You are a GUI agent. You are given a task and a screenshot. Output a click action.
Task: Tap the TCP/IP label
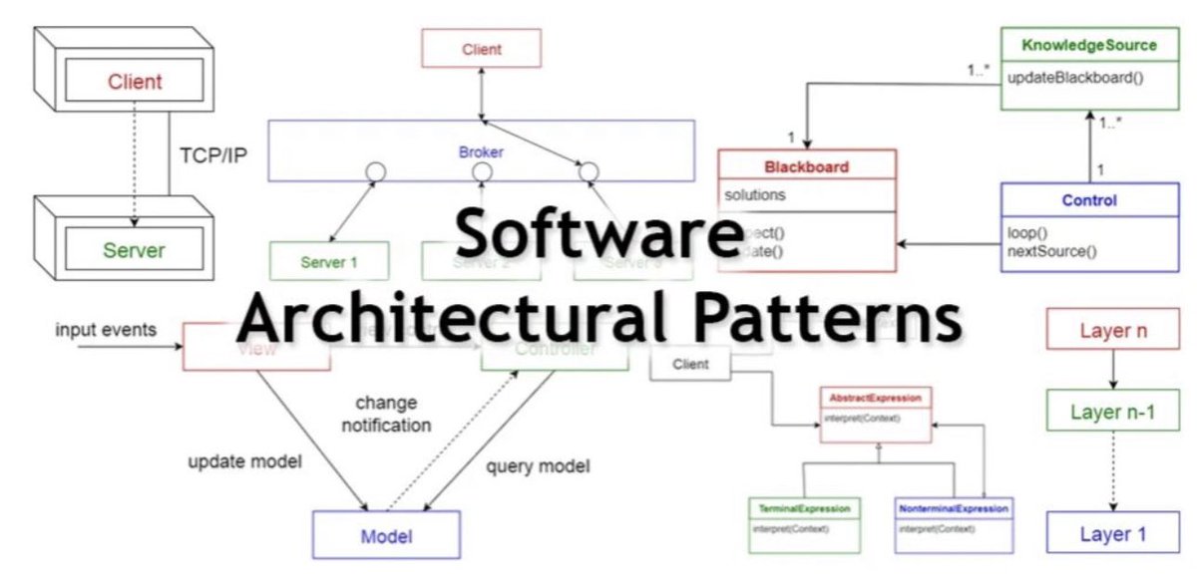(215, 155)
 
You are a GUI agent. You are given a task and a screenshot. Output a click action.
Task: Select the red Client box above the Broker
(481, 48)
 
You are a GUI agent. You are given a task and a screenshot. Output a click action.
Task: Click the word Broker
(481, 152)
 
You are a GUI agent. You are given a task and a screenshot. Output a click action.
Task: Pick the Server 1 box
(329, 262)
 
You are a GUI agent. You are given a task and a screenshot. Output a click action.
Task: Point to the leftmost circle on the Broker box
(375, 172)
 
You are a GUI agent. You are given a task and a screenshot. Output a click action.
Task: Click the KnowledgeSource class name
(1089, 46)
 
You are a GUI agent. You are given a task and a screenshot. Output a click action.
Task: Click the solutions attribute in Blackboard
(755, 194)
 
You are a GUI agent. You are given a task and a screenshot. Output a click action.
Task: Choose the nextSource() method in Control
(1052, 250)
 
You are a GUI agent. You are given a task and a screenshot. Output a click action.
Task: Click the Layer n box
(1112, 330)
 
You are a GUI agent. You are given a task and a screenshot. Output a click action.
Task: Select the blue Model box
(386, 535)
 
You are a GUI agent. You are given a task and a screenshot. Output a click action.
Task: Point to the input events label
(106, 330)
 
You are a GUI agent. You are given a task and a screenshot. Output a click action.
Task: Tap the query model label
(538, 465)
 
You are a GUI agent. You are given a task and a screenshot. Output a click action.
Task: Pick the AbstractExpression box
(877, 413)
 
